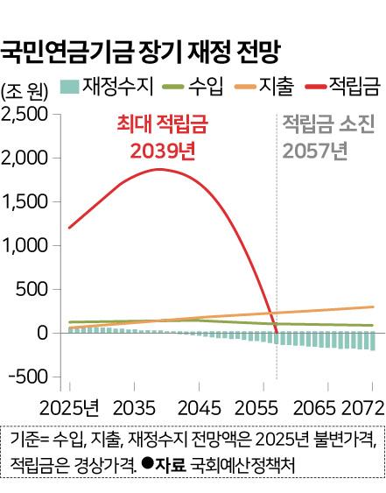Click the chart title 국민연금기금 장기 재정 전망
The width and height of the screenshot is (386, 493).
click(x=140, y=53)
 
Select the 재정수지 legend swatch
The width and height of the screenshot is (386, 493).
click(x=69, y=87)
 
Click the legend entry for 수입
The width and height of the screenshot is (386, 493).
click(x=193, y=87)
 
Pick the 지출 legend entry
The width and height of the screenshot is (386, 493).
click(x=264, y=87)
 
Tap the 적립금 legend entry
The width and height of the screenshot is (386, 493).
click(x=343, y=87)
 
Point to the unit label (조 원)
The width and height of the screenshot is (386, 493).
click(x=25, y=92)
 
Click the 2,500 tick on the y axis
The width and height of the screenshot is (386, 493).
click(x=24, y=114)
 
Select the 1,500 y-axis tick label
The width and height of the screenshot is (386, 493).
click(x=25, y=201)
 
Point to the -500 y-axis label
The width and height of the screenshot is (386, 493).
click(x=28, y=377)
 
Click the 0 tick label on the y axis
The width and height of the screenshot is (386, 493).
click(x=42, y=333)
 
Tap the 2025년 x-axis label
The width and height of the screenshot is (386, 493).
click(x=69, y=408)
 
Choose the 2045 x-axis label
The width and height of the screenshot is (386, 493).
click(x=200, y=408)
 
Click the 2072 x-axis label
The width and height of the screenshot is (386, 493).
click(x=363, y=408)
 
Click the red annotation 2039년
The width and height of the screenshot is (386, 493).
click(x=163, y=151)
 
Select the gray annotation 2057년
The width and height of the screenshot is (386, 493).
click(x=315, y=151)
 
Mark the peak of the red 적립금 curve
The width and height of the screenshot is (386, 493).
click(x=159, y=170)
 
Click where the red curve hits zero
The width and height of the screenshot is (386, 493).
click(x=277, y=333)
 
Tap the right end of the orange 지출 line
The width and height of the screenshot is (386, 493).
click(x=373, y=306)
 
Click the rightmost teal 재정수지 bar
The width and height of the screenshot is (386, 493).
click(x=373, y=342)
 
